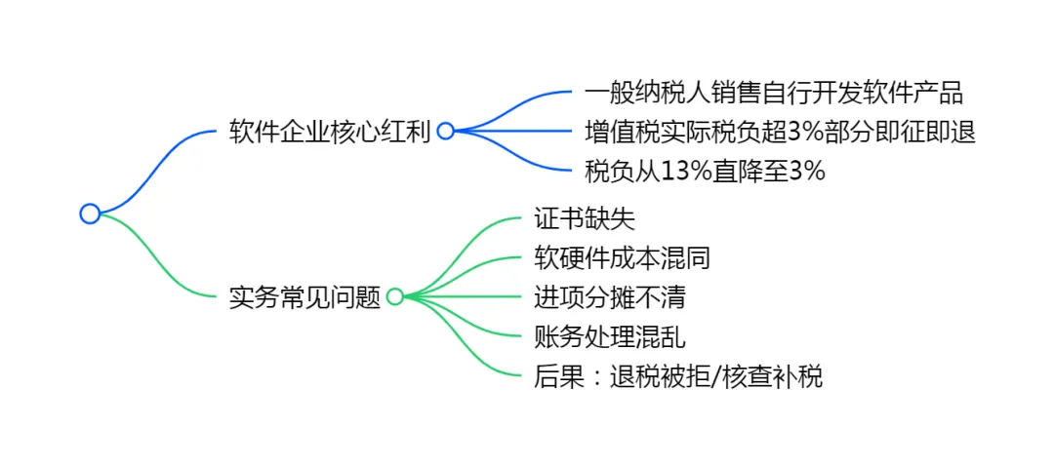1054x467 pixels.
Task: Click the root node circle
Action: click(90, 214)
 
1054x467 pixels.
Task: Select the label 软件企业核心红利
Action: click(329, 132)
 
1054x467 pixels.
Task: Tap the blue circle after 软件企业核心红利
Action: click(445, 132)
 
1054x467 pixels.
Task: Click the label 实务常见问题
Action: click(304, 297)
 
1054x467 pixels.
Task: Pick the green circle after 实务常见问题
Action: click(394, 297)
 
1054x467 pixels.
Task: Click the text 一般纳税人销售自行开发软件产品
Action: click(773, 93)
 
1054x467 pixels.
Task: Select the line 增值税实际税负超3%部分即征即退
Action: click(780, 132)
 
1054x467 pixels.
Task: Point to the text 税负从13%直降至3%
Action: click(705, 172)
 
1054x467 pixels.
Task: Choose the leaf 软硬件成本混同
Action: click(622, 257)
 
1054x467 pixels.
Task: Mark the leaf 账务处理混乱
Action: click(609, 337)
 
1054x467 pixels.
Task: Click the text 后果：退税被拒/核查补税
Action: click(678, 376)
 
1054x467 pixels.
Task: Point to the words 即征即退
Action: click(937, 132)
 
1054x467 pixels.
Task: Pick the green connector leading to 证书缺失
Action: click(468, 239)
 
